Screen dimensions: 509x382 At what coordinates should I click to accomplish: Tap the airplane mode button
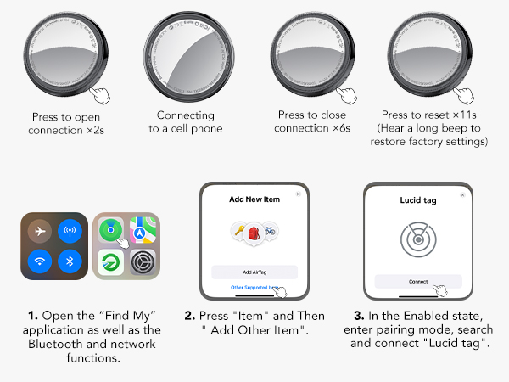coord(40,231)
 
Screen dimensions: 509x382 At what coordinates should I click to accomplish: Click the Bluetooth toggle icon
coord(70,261)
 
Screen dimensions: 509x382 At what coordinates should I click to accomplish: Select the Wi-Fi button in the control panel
coord(40,261)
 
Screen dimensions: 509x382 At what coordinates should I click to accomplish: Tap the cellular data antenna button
coord(70,231)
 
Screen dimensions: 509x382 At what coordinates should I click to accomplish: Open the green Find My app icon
coord(110,230)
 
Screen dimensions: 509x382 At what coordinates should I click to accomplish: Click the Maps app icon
coord(143,230)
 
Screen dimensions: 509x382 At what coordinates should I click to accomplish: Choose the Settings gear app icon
coord(143,262)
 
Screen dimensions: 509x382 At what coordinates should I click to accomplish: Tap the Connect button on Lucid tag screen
coord(418,282)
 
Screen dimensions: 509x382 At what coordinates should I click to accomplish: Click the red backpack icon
coord(254,233)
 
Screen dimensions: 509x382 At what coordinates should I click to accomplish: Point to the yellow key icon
coord(239,230)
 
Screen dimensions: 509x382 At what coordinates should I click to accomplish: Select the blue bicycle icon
coord(270,230)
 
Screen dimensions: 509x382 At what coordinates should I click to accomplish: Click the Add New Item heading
coord(255,199)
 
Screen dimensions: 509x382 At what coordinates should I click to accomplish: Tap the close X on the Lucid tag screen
coord(462,195)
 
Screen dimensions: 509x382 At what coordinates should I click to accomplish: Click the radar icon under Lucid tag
coord(418,239)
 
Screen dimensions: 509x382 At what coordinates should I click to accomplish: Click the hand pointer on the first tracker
coord(100,95)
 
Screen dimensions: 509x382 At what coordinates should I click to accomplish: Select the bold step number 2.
coord(189,316)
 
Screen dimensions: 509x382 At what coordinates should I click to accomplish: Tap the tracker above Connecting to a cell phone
coord(189,57)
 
